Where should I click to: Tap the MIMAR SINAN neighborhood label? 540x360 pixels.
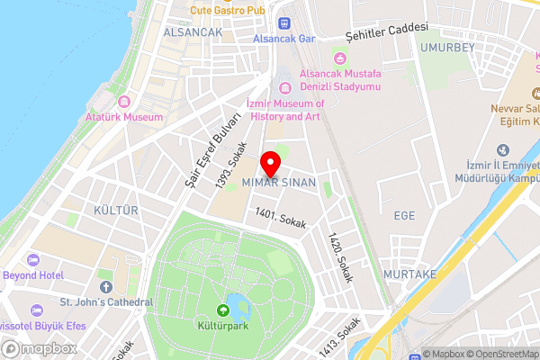(279, 183)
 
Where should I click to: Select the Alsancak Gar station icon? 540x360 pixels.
(285, 23)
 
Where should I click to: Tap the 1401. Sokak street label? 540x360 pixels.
(280, 218)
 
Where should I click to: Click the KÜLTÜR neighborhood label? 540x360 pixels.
(117, 211)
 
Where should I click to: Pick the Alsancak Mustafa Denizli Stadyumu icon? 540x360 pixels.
(338, 58)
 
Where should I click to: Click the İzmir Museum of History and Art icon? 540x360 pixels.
(285, 87)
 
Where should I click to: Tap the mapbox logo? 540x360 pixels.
(39, 348)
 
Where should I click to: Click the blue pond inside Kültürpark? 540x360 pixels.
(236, 301)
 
